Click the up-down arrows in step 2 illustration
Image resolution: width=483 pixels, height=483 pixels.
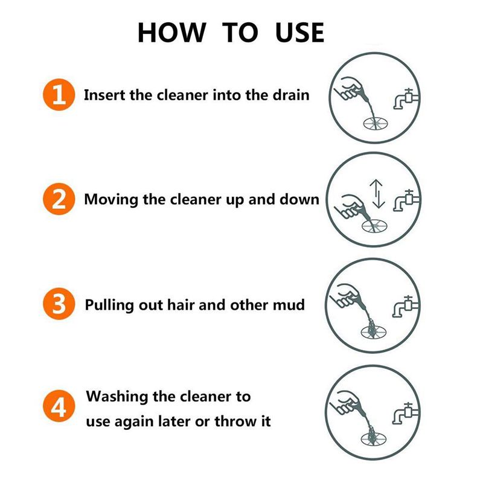pyautogui.click(x=377, y=193)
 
